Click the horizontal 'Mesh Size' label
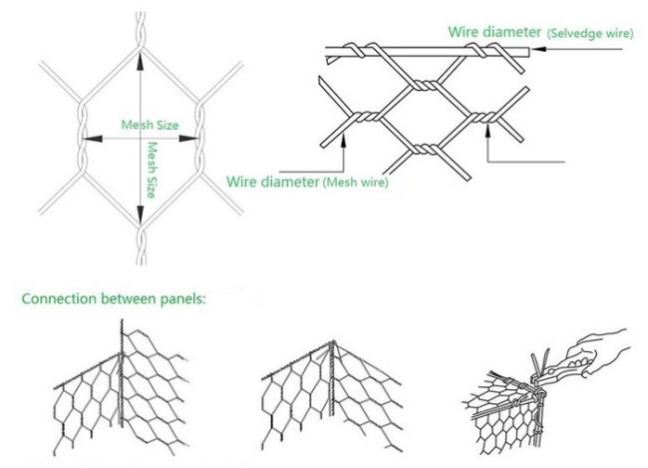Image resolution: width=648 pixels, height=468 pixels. pyautogui.click(x=150, y=125)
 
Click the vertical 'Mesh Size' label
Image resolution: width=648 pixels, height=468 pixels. pyautogui.click(x=152, y=170)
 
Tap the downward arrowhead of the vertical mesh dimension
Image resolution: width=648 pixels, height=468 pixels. pyautogui.click(x=141, y=215)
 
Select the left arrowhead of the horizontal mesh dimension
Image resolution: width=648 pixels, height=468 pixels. pyautogui.click(x=93, y=139)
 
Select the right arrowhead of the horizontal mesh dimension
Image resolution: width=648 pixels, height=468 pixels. pyautogui.click(x=188, y=139)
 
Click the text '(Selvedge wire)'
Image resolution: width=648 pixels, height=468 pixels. pyautogui.click(x=590, y=34)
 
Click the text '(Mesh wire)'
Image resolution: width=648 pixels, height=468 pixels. pyautogui.click(x=356, y=182)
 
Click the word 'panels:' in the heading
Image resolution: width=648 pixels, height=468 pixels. pyautogui.click(x=182, y=299)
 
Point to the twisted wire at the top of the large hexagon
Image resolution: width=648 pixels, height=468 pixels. pyautogui.click(x=141, y=30)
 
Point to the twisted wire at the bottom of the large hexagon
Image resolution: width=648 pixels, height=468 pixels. pyautogui.click(x=141, y=245)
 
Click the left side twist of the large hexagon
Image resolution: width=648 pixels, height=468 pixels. pyautogui.click(x=82, y=138)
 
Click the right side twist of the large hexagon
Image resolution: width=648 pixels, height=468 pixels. pyautogui.click(x=200, y=138)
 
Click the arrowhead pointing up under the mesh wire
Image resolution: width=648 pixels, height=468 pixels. pyautogui.click(x=343, y=141)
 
